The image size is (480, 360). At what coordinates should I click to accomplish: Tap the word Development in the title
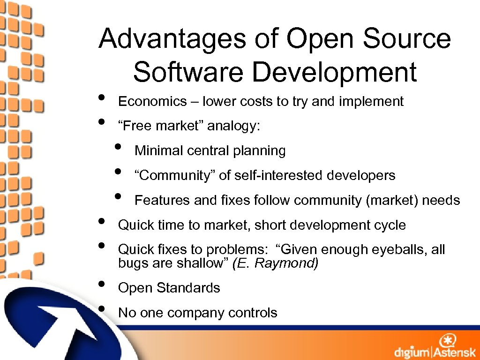334,72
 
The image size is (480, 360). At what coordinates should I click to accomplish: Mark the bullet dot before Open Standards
102,285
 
